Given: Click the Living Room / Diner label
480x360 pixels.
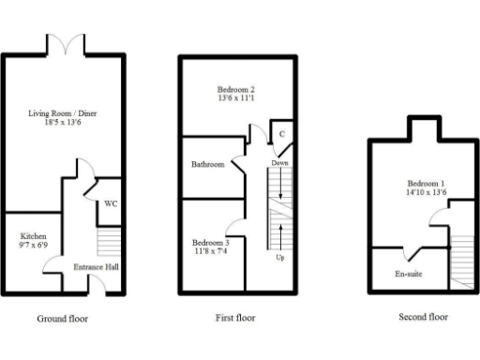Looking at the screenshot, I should (x=62, y=114).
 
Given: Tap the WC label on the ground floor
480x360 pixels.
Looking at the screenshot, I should (x=110, y=202).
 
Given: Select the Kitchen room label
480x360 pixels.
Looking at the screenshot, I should (x=34, y=235).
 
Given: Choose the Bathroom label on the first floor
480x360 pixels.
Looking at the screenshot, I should (x=208, y=164).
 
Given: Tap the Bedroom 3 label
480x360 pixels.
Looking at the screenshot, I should (x=212, y=242).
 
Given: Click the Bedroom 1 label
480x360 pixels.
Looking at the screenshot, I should (x=427, y=183).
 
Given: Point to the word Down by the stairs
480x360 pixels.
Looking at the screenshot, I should (x=279, y=163).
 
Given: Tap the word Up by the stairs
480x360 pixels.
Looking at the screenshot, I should (x=279, y=257).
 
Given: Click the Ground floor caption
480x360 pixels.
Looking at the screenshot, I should (x=62, y=319).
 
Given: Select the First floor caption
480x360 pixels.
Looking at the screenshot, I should (x=234, y=318).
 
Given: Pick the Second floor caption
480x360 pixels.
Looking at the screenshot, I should (x=424, y=318).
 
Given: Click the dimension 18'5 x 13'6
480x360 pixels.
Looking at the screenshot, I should (x=62, y=125).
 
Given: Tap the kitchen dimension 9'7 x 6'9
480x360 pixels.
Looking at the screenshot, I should (x=34, y=246).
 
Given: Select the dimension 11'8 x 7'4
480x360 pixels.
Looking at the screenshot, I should (x=212, y=251).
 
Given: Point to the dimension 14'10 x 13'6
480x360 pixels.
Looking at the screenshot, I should (x=427, y=193).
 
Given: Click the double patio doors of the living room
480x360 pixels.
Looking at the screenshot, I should (x=62, y=43).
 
